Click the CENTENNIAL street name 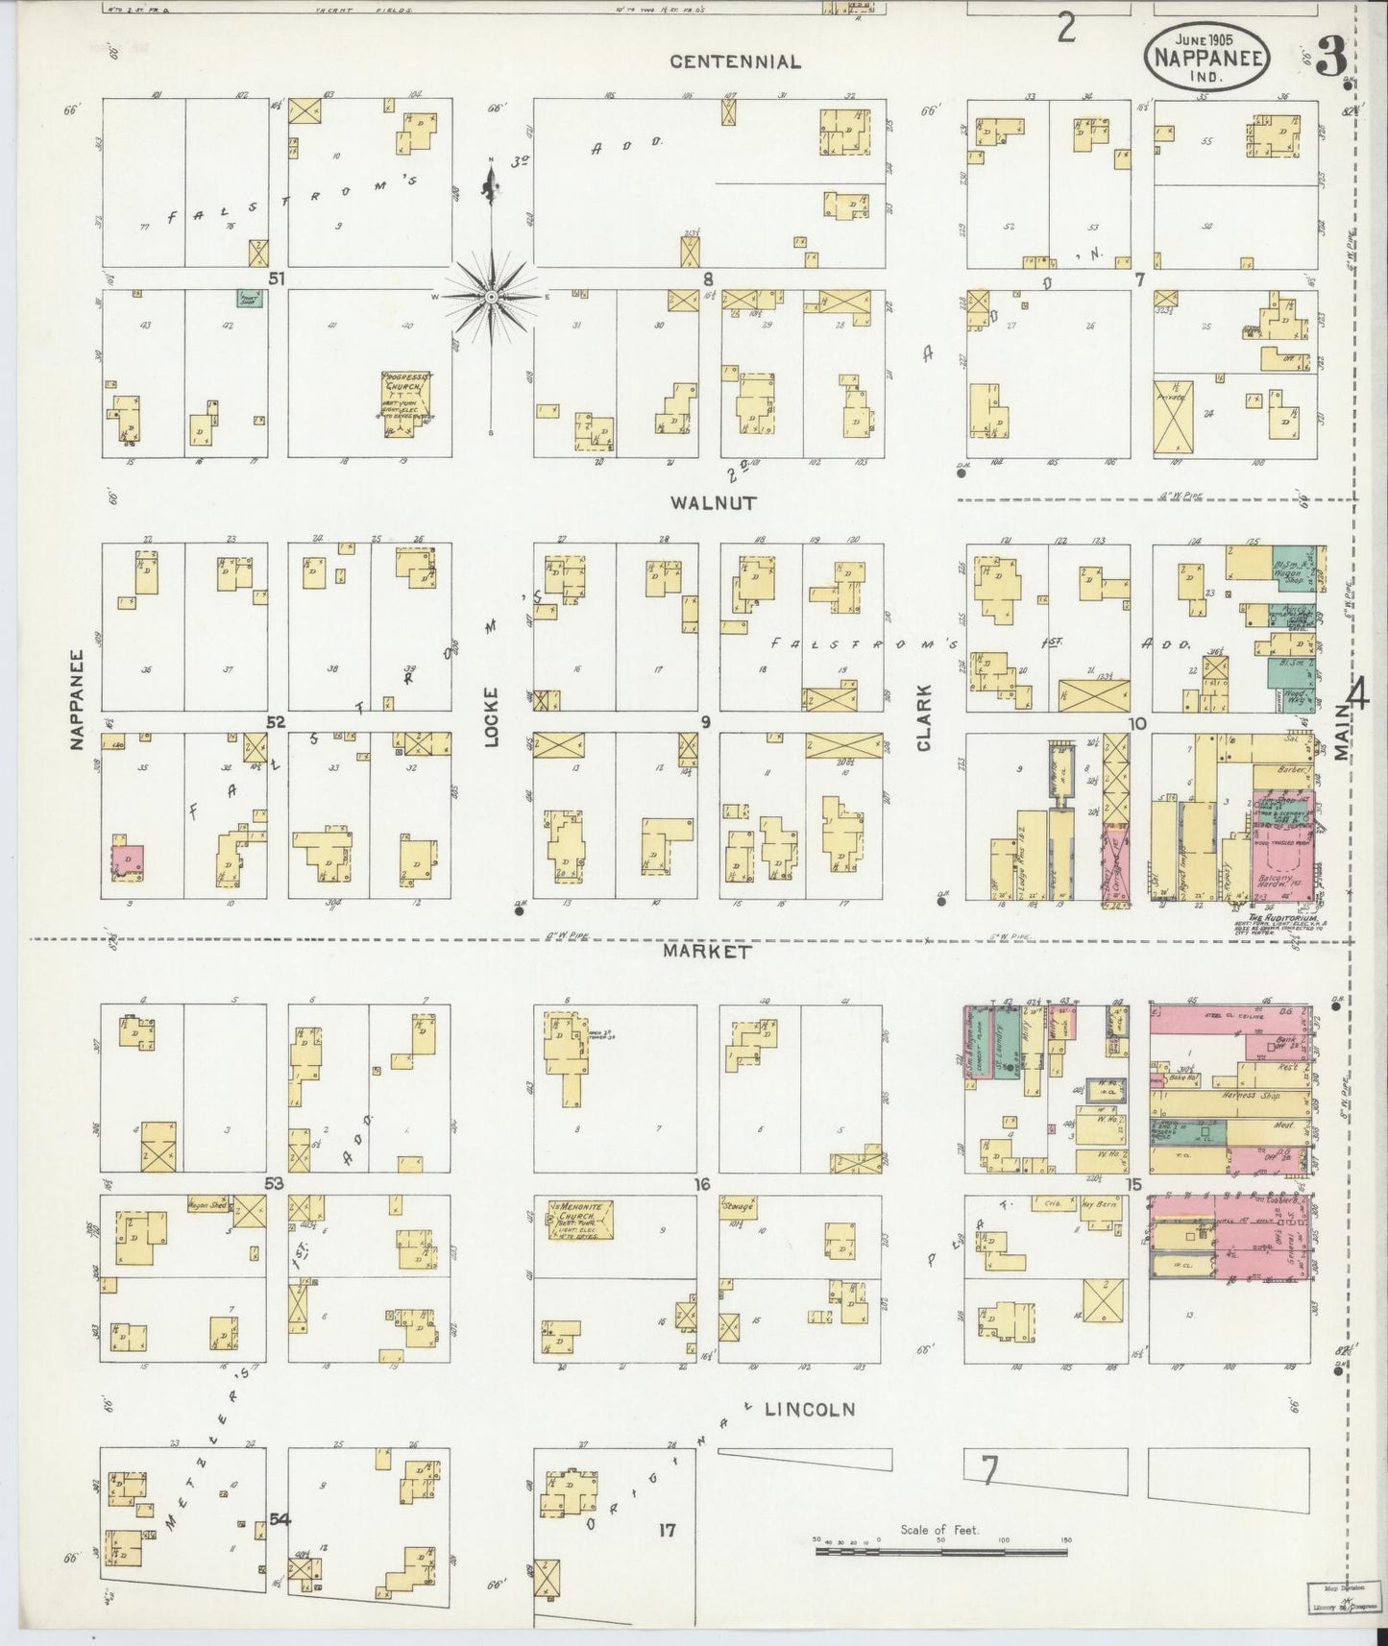click(x=735, y=62)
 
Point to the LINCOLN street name click(x=810, y=1410)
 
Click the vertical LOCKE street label click(x=491, y=717)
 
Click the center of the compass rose click(x=492, y=297)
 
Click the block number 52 click(x=276, y=722)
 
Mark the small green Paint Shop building click(x=252, y=299)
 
